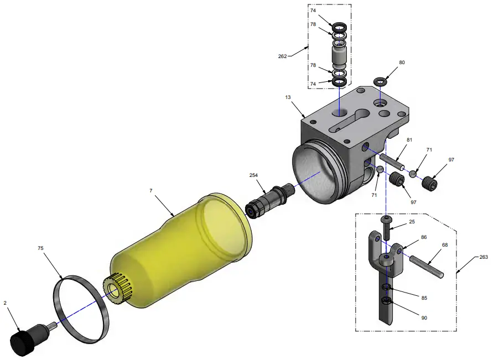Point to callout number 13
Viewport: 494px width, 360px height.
[x=288, y=97]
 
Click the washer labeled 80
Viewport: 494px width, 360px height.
[x=379, y=82]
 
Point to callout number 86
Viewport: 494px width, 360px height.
[x=424, y=237]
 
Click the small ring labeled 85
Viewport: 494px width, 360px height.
[x=387, y=287]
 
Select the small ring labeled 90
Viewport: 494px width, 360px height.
[x=387, y=301]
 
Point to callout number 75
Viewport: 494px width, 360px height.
[x=40, y=249]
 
